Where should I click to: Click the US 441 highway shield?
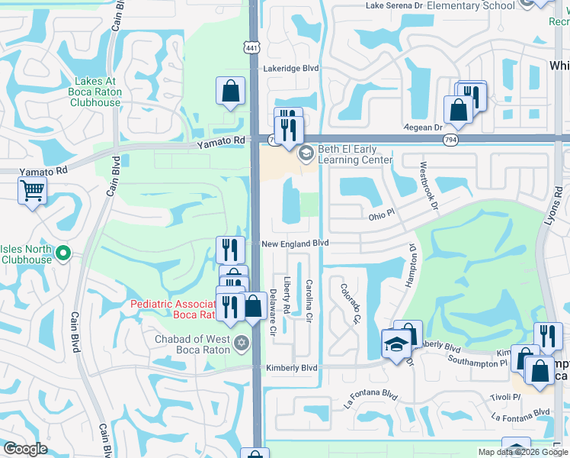point(252,48)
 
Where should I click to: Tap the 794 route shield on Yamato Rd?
point(451,139)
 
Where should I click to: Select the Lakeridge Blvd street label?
point(290,68)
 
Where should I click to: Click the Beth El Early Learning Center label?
point(351,155)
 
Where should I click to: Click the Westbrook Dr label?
point(427,185)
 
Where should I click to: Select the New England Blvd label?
point(295,243)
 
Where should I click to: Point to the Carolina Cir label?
point(309,298)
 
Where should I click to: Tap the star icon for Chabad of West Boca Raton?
point(242,340)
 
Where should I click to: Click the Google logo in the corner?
point(25,449)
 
